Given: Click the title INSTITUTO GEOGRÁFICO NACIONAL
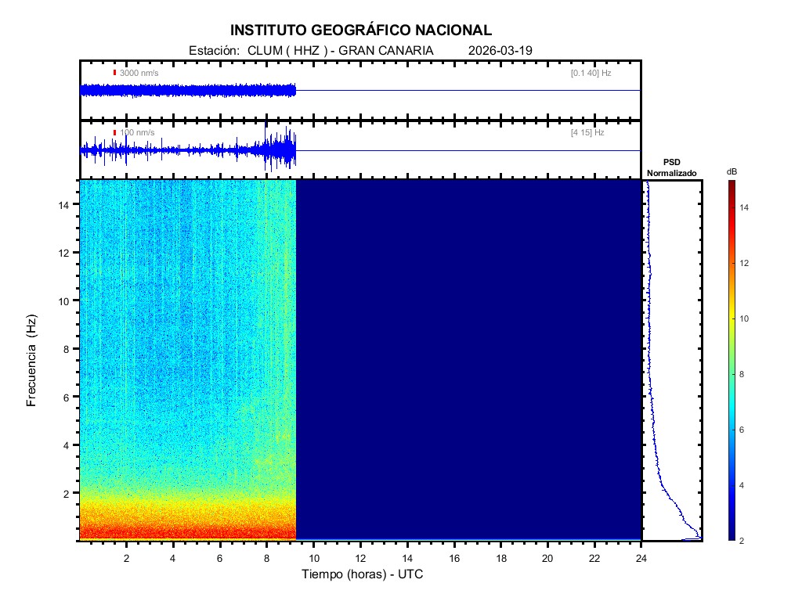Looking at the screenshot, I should pos(361,31).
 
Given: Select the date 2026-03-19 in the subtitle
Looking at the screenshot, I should pos(500,50).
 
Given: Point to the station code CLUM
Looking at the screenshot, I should pos(264,50).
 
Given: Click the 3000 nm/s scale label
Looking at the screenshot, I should pos(139,73).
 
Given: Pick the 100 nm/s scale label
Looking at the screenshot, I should pos(137,133).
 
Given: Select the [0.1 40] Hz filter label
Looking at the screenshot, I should pos(591,73).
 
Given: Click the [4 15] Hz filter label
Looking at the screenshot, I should pos(587,133).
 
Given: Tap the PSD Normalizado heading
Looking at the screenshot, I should pos(671,167).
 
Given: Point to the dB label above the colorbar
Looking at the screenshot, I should pos(732,171).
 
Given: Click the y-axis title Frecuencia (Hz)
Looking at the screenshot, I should pos(32,361).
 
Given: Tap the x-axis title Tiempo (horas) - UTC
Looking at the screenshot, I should pos(363,574).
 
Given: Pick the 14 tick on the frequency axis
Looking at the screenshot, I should pos(66,204).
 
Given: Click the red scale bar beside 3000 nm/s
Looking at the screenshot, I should pos(114,73).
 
